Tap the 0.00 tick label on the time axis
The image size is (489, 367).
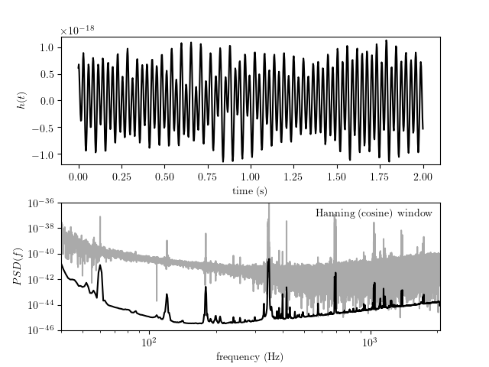point(79,175)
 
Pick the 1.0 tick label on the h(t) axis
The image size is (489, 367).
point(46,47)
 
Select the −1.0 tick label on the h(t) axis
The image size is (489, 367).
point(42,155)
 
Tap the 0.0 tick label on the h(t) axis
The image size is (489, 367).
point(46,101)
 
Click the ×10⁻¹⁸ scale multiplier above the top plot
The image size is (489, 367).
point(80,31)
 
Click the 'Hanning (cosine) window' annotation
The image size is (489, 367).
point(374,213)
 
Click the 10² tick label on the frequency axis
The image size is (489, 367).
point(149,342)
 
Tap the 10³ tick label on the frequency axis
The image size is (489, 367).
point(370,342)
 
